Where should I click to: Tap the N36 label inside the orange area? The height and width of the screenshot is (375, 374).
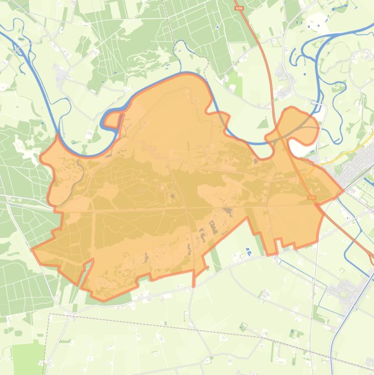[312, 197]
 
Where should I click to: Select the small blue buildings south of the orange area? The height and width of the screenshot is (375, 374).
[249, 252]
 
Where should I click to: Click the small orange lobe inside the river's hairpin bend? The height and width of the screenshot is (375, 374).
[113, 119]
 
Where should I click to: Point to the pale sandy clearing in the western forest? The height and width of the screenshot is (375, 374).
[22, 144]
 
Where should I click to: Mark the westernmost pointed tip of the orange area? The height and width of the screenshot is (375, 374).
[32, 249]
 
